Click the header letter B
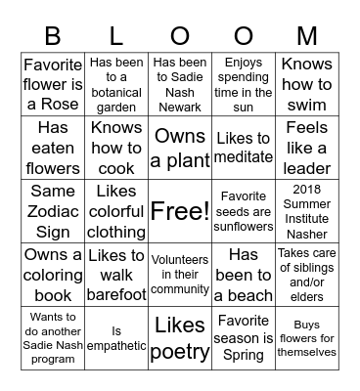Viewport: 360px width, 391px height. tap(53, 36)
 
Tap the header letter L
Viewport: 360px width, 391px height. tap(116, 36)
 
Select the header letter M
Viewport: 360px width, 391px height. tap(307, 36)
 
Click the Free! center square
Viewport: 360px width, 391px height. tap(180, 211)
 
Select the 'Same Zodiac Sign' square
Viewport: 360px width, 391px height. tap(53, 211)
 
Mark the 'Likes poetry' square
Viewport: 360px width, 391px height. tap(180, 338)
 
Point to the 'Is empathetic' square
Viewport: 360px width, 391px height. tap(116, 338)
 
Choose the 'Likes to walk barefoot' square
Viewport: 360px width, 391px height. tap(116, 275)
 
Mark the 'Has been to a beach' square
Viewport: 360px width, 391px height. tap(244, 275)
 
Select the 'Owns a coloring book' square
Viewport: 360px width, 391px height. tap(53, 275)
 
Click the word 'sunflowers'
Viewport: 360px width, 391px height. tap(244, 228)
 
